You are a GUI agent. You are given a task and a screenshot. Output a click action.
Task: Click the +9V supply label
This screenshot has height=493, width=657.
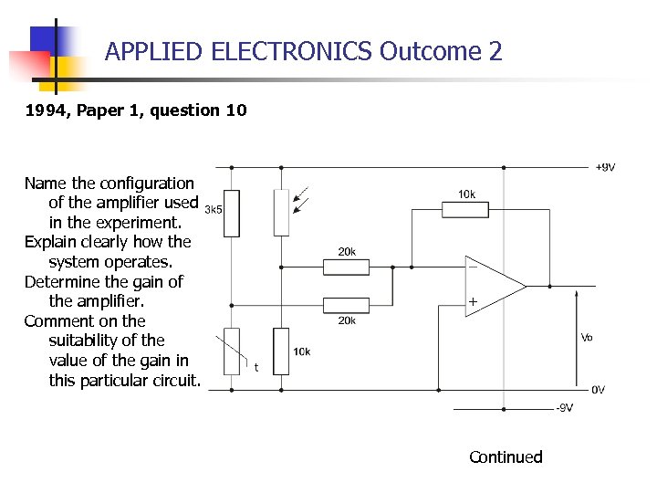point(604,167)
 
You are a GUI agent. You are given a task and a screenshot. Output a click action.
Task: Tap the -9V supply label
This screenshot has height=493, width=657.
point(565,408)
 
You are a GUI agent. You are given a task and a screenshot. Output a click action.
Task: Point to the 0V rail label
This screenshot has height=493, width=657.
point(598,390)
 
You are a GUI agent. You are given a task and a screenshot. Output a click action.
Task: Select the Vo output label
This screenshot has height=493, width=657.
point(588,337)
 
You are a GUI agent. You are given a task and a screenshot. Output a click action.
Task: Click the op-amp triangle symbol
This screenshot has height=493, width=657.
point(493,286)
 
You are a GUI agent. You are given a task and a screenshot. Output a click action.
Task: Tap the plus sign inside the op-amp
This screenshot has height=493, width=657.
point(473,301)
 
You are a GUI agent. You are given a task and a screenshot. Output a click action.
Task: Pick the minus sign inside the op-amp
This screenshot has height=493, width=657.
point(472,267)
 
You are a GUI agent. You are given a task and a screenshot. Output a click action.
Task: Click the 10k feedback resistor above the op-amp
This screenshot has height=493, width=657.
point(466,210)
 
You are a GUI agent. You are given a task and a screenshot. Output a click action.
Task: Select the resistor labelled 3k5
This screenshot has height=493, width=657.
point(232,213)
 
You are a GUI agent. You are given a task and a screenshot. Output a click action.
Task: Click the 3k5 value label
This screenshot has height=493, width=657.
point(214,209)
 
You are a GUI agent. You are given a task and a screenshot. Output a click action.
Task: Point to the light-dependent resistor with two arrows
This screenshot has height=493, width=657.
point(281,213)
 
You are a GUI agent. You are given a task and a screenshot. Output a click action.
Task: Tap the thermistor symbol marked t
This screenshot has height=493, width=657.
point(232,351)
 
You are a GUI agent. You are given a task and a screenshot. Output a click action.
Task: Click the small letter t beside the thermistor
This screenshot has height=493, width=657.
point(256,367)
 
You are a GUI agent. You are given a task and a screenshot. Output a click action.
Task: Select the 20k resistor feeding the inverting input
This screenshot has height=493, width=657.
point(347,267)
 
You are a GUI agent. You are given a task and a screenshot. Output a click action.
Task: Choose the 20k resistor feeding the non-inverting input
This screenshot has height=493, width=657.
point(347,305)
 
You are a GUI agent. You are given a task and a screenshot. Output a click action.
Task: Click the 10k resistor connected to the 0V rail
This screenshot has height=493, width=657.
point(281,351)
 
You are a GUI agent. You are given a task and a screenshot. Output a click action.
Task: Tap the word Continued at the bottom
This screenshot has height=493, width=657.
point(506,456)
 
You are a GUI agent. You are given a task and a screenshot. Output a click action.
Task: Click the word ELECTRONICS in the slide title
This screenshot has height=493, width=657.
point(291,51)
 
